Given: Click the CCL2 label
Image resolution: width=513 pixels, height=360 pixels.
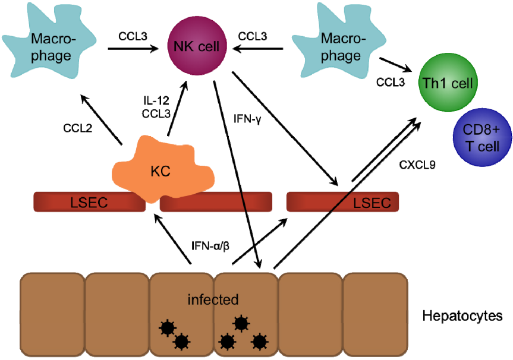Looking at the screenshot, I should pyautogui.click(x=77, y=128).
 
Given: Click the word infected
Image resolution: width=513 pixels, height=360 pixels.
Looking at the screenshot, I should pyautogui.click(x=213, y=299).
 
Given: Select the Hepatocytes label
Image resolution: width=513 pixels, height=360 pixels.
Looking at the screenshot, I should pyautogui.click(x=462, y=315).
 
